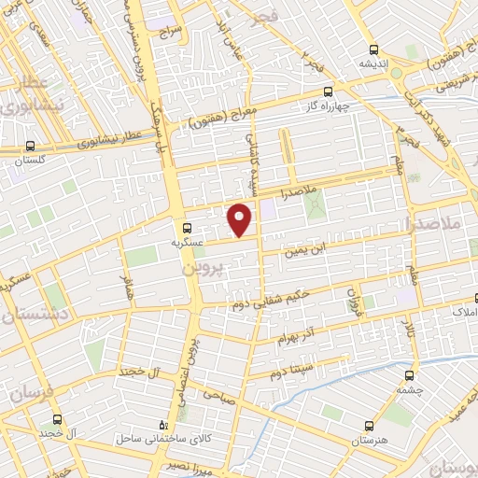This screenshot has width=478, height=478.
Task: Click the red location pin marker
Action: tap(241, 218)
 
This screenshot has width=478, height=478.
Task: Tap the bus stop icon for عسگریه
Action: tap(188, 227)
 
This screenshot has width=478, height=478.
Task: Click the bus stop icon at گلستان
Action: tap(31, 146)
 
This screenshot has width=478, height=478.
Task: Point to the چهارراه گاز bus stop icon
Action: tap(328, 91)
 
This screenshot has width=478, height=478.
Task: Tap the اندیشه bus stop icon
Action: tap(373, 50)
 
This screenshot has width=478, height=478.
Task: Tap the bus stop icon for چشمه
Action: tap(403, 375)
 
